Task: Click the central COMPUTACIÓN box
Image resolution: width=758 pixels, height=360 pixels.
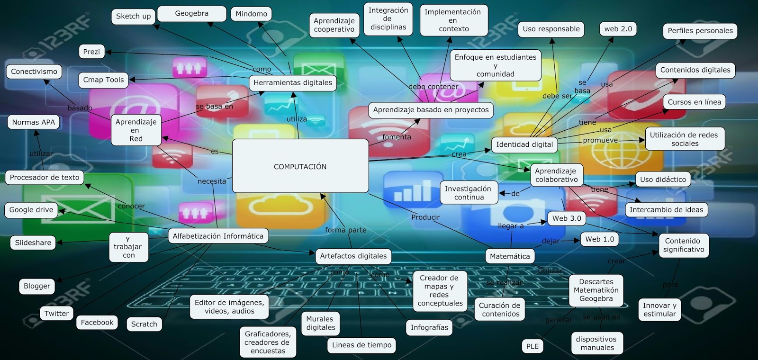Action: pos(300,166)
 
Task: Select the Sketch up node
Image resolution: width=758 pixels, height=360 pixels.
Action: pos(133,16)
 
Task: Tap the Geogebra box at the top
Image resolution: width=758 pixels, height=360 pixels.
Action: pos(191,14)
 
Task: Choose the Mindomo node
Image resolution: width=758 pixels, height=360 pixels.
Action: pos(251,14)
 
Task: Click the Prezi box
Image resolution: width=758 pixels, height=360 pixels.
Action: pos(91,52)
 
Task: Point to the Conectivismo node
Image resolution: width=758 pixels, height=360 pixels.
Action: pos(34,72)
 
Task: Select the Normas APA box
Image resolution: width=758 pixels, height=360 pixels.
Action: pos(34,122)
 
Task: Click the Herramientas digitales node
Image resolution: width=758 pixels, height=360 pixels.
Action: pos(292,83)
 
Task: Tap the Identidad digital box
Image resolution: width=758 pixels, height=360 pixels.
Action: pos(524,144)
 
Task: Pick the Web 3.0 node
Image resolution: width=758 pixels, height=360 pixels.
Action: pos(567,218)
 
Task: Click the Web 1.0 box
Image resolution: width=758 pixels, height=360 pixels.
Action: pos(599,239)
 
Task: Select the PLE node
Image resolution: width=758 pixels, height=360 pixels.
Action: pos(532,346)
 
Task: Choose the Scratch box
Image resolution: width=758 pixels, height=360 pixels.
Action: pos(144,324)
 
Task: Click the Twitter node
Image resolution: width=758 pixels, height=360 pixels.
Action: pos(56,313)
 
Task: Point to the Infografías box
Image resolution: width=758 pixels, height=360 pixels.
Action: pos(429,327)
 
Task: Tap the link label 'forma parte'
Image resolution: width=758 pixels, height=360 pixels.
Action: pos(345,230)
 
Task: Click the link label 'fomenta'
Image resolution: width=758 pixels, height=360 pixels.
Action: pos(397,137)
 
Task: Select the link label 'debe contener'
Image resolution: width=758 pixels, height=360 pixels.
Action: pos(433,87)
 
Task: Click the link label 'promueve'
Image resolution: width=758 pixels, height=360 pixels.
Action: pos(600,140)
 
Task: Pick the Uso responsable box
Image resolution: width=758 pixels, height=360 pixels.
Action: pos(551,29)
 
